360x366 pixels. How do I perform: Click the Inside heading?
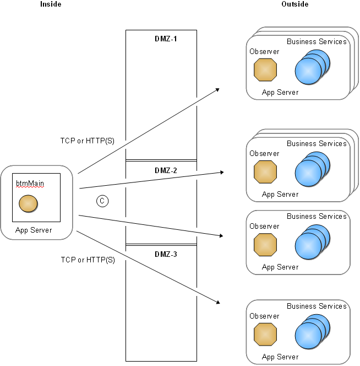point(51,4)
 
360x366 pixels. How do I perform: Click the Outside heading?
point(295,4)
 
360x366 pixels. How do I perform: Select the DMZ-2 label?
point(166,170)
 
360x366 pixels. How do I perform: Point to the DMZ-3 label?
point(166,254)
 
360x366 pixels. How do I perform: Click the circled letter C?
point(102,201)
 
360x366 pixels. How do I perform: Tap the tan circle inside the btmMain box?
point(28,204)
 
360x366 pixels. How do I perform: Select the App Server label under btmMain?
point(34,230)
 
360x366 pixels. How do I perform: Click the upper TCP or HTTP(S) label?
point(88,141)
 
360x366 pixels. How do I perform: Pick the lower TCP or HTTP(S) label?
point(88,260)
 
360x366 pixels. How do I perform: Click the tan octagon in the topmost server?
point(265,70)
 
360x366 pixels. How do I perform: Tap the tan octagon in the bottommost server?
point(265,335)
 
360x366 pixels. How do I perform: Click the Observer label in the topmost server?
point(264,52)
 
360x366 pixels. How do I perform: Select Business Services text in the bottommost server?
point(317,306)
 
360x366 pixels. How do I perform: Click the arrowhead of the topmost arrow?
point(217,89)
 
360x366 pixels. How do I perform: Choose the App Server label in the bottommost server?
point(280,357)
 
